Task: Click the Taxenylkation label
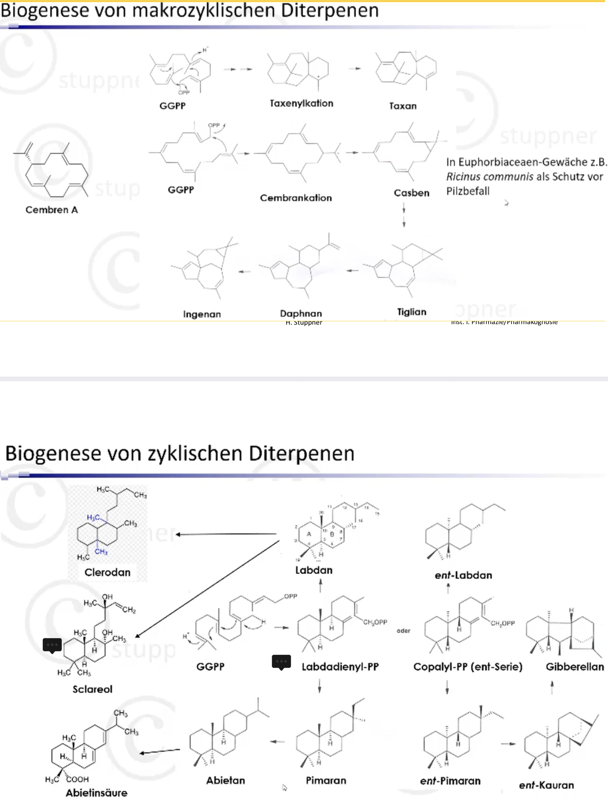click(x=301, y=104)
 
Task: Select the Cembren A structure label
click(x=52, y=210)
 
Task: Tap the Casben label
click(x=412, y=193)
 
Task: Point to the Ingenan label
click(x=202, y=314)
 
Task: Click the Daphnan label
click(x=301, y=313)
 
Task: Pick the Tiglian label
click(x=412, y=312)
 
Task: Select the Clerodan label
click(x=108, y=572)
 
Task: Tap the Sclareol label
click(x=93, y=689)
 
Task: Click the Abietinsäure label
click(x=97, y=793)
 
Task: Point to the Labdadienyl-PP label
click(x=340, y=667)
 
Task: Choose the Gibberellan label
click(x=575, y=667)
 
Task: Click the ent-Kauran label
click(x=546, y=785)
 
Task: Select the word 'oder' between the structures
click(x=403, y=631)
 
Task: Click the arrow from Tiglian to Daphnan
click(x=352, y=271)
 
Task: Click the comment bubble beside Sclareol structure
click(x=52, y=645)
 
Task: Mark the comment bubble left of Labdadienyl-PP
click(x=281, y=661)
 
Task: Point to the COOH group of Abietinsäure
click(x=77, y=779)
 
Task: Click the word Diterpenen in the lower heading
click(x=301, y=454)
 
